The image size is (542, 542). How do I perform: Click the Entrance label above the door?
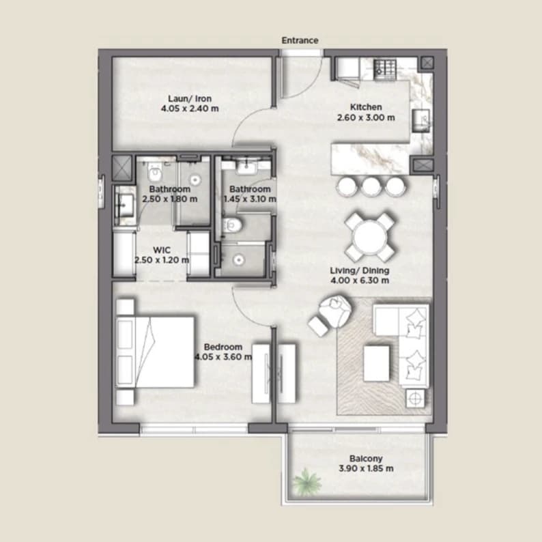[x=300, y=40]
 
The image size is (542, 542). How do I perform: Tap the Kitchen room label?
[x=366, y=107]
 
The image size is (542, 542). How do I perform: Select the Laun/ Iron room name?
[x=190, y=99]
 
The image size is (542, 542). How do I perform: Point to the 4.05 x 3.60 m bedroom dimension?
[x=223, y=357]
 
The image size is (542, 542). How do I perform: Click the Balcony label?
[x=366, y=459]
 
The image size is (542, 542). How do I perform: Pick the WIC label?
[x=162, y=250]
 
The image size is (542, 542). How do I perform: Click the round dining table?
[x=369, y=238]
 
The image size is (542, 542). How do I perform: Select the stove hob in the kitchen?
[x=386, y=69]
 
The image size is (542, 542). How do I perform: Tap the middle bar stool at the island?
[x=371, y=186]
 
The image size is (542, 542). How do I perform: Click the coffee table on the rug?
[x=376, y=364]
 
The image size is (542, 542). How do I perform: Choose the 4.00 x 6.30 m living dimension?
[x=360, y=281]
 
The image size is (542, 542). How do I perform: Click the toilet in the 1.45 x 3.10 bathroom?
[x=232, y=226]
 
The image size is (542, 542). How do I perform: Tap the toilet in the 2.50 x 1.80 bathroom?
[x=155, y=172]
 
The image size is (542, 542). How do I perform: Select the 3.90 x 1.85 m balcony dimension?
[x=366, y=469]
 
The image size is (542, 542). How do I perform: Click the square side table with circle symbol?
[x=415, y=399]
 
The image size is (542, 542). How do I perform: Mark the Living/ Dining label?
[x=360, y=270]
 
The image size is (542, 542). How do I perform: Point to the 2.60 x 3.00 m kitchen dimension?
[x=366, y=117]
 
